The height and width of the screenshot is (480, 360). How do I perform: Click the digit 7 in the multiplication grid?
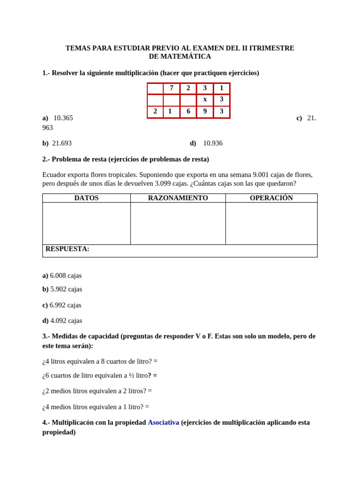172,88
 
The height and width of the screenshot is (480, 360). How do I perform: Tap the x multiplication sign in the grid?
205,99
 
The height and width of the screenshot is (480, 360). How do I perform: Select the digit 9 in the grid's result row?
205,111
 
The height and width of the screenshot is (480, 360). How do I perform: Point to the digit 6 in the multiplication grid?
188,111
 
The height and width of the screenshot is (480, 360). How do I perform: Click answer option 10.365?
63,118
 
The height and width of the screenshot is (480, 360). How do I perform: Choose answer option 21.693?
61,143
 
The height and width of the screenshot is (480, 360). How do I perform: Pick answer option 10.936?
212,143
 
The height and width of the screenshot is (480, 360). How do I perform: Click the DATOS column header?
86,198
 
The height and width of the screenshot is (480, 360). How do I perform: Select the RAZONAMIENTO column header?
178,198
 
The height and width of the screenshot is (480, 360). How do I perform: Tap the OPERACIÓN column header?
271,198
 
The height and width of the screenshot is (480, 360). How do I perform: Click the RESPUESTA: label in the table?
67,249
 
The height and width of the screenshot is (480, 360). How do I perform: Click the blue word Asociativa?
163,422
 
